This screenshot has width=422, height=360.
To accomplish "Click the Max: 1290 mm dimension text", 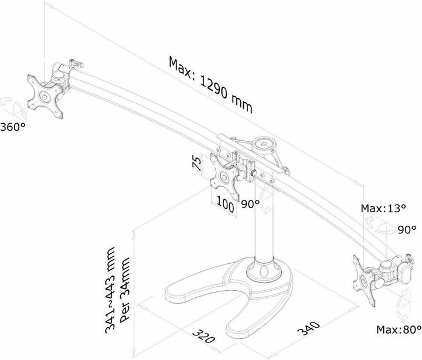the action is click(x=210, y=85).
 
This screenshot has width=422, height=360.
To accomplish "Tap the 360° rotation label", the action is click(x=13, y=127).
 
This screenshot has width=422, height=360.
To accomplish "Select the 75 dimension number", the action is click(x=197, y=163).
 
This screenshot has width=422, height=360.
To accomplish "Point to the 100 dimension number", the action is click(x=225, y=204).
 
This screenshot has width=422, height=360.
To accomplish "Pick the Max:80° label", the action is click(x=399, y=330).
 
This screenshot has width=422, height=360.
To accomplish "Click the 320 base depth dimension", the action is click(x=204, y=335).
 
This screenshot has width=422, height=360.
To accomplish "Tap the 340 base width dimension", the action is click(x=309, y=328).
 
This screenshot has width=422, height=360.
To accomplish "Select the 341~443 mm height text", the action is click(x=110, y=290).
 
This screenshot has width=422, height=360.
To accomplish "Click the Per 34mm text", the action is click(x=125, y=290).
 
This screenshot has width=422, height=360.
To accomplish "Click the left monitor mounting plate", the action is click(x=45, y=96).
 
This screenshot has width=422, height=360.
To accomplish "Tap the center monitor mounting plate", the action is click(x=224, y=176).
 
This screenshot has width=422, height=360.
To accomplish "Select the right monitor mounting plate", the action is click(x=364, y=281).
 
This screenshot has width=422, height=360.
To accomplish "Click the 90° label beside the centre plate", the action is click(x=250, y=204).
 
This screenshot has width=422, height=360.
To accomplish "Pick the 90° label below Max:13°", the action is click(x=407, y=230).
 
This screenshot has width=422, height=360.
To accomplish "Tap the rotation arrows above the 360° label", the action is click(x=13, y=108).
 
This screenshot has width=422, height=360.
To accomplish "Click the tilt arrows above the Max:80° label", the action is click(x=404, y=305).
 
